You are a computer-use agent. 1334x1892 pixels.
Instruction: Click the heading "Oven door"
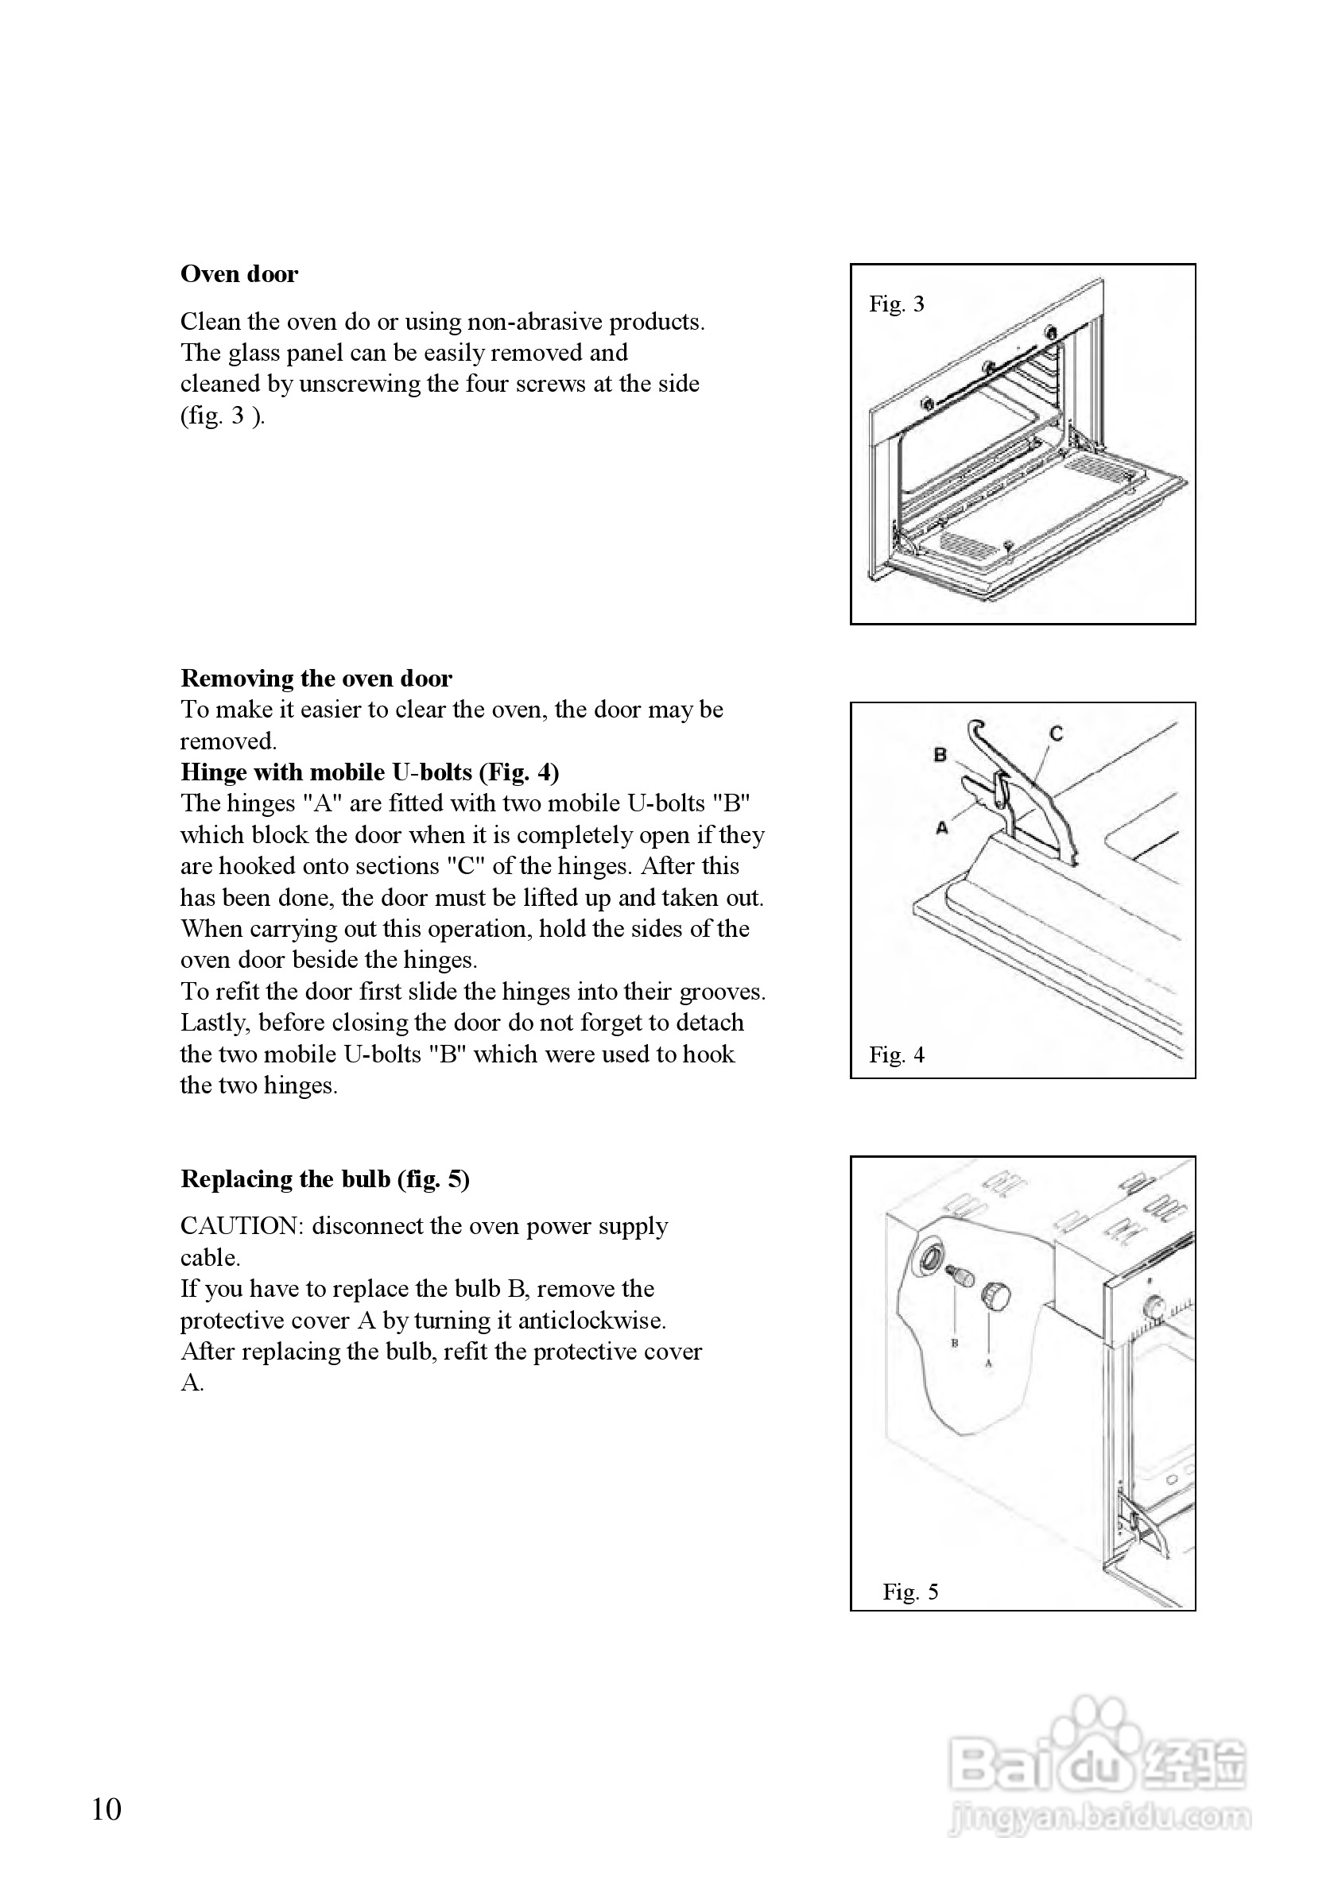[239, 274]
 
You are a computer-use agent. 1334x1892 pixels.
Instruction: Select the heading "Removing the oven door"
[316, 678]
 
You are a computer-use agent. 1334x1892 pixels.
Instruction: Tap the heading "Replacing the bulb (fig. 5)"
[325, 1179]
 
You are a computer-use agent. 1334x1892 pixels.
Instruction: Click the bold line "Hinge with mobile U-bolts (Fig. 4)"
[370, 772]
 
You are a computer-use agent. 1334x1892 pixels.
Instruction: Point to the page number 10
[107, 1809]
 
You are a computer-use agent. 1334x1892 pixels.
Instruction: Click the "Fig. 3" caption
[896, 304]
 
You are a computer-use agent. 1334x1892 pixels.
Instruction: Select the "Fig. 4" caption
[896, 1054]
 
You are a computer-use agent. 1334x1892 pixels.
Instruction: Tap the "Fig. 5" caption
[910, 1591]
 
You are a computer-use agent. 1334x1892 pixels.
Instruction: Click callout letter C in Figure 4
[1057, 733]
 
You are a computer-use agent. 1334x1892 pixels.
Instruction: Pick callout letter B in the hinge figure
[940, 754]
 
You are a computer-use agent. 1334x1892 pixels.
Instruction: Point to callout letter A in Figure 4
[942, 827]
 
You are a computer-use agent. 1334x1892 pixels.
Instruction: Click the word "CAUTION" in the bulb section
[238, 1226]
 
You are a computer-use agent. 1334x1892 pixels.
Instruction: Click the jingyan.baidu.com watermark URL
[1099, 1817]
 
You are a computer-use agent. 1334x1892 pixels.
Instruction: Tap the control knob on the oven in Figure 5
[1154, 1308]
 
